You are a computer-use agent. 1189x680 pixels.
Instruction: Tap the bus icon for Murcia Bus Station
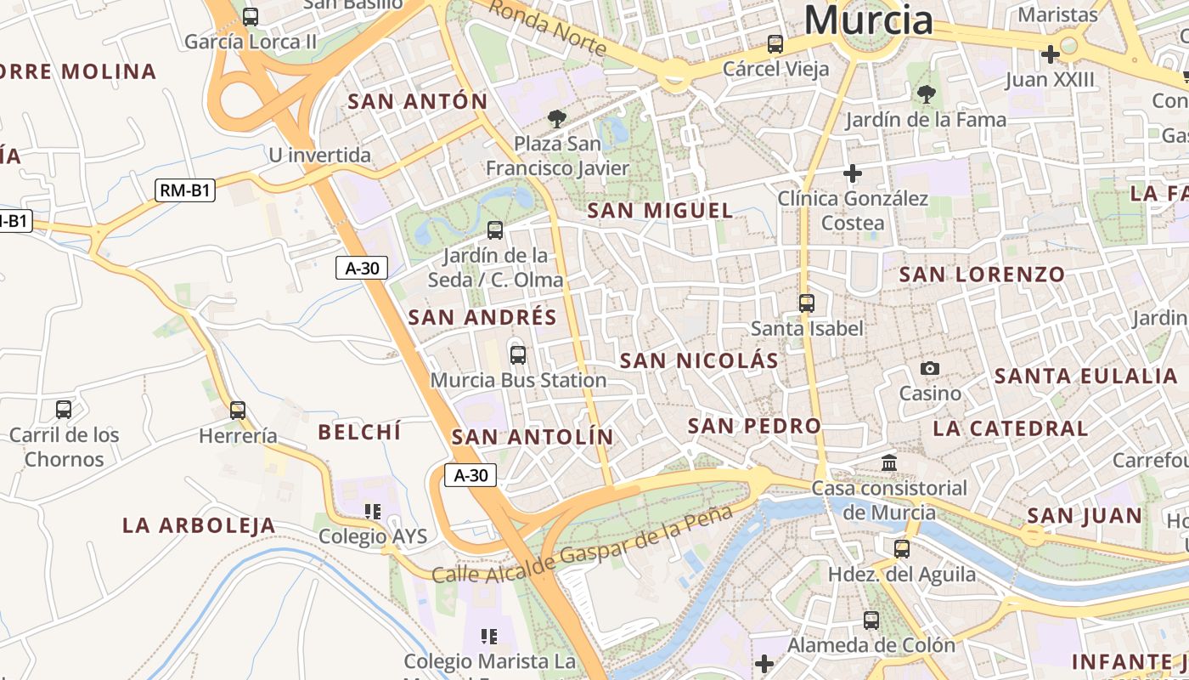click(517, 355)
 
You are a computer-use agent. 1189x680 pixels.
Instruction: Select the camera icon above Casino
click(930, 368)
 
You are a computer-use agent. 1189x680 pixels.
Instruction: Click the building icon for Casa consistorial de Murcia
click(889, 463)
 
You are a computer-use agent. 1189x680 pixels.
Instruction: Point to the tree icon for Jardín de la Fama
click(926, 94)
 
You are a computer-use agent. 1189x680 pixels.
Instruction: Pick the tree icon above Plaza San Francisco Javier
click(556, 118)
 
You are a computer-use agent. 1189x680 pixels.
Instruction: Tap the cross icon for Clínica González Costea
click(853, 173)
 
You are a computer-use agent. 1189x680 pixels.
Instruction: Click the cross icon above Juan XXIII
click(1050, 55)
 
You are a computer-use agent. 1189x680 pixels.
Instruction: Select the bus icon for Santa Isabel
click(806, 303)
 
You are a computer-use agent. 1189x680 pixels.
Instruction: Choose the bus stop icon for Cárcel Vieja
click(775, 43)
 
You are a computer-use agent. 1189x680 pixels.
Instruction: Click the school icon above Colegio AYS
click(372, 512)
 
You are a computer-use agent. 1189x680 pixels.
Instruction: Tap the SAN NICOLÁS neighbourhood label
click(699, 360)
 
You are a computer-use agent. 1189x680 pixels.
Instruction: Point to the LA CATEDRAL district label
click(1010, 428)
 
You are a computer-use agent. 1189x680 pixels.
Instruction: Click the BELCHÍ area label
click(358, 432)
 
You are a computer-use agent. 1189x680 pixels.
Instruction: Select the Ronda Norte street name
click(548, 27)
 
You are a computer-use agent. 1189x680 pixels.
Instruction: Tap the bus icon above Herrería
click(238, 411)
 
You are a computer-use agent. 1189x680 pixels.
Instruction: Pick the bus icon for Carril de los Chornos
click(64, 410)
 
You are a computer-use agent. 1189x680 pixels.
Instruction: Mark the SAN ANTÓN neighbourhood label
click(418, 102)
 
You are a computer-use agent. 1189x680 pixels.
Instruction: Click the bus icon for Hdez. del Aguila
click(901, 549)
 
